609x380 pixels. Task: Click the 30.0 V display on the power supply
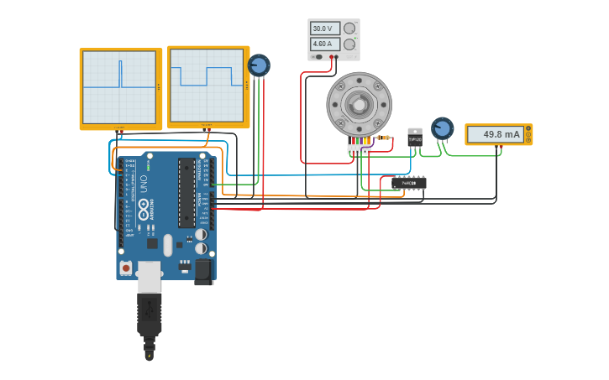click(x=325, y=29)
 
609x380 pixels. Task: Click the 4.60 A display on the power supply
click(x=325, y=44)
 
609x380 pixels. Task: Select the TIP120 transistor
click(x=415, y=138)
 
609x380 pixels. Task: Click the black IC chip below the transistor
click(x=409, y=183)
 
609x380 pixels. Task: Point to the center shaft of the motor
click(x=359, y=105)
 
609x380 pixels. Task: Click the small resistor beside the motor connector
click(x=383, y=138)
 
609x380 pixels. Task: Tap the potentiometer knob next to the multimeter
click(x=442, y=128)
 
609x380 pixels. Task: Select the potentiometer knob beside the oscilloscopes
click(x=259, y=65)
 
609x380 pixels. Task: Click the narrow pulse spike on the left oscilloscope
click(x=120, y=73)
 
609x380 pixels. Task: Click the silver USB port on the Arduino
click(x=149, y=275)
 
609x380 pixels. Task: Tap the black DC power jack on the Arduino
click(x=203, y=270)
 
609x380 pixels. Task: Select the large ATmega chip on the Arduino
click(x=186, y=193)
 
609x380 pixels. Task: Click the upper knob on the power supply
click(x=349, y=29)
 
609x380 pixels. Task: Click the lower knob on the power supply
click(x=349, y=44)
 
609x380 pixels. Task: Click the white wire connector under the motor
click(x=360, y=149)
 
